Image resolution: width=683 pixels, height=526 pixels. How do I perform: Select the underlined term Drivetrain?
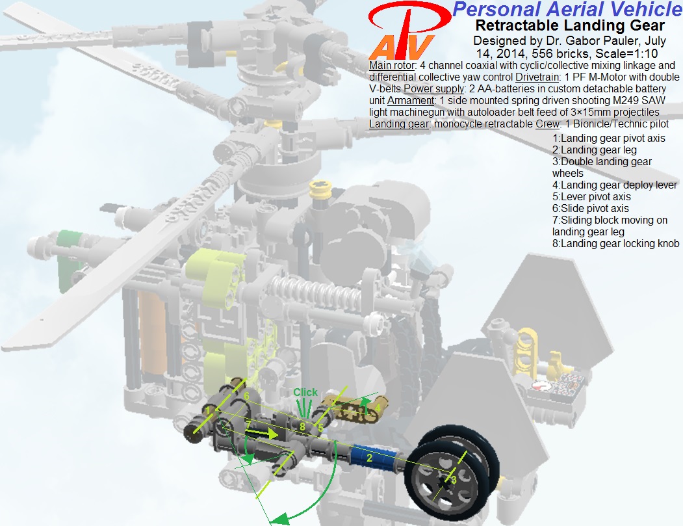pos(537,77)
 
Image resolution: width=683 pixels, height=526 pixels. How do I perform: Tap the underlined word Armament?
pos(411,101)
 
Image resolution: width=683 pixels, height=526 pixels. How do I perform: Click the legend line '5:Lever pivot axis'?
pos(591,196)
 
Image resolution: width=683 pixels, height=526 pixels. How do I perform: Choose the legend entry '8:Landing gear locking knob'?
pos(615,243)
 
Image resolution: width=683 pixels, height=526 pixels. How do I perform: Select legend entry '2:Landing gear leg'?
pos(594,150)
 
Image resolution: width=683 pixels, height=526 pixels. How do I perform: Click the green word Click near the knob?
pos(305,392)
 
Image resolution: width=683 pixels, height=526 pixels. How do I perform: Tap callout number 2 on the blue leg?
pos(369,458)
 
